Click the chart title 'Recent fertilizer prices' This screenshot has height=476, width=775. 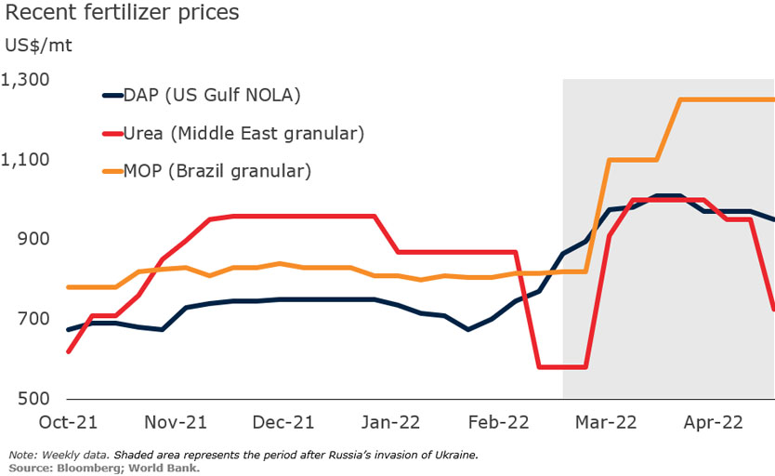[122, 14]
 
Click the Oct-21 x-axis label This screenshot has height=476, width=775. [68, 422]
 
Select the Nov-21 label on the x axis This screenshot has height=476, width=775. [176, 422]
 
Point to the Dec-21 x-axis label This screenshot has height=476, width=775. [283, 422]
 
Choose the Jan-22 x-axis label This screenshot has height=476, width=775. [390, 422]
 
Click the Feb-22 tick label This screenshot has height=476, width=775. [498, 422]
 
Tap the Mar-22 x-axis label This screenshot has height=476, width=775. [605, 422]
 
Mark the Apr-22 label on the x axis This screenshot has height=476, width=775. [713, 422]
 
